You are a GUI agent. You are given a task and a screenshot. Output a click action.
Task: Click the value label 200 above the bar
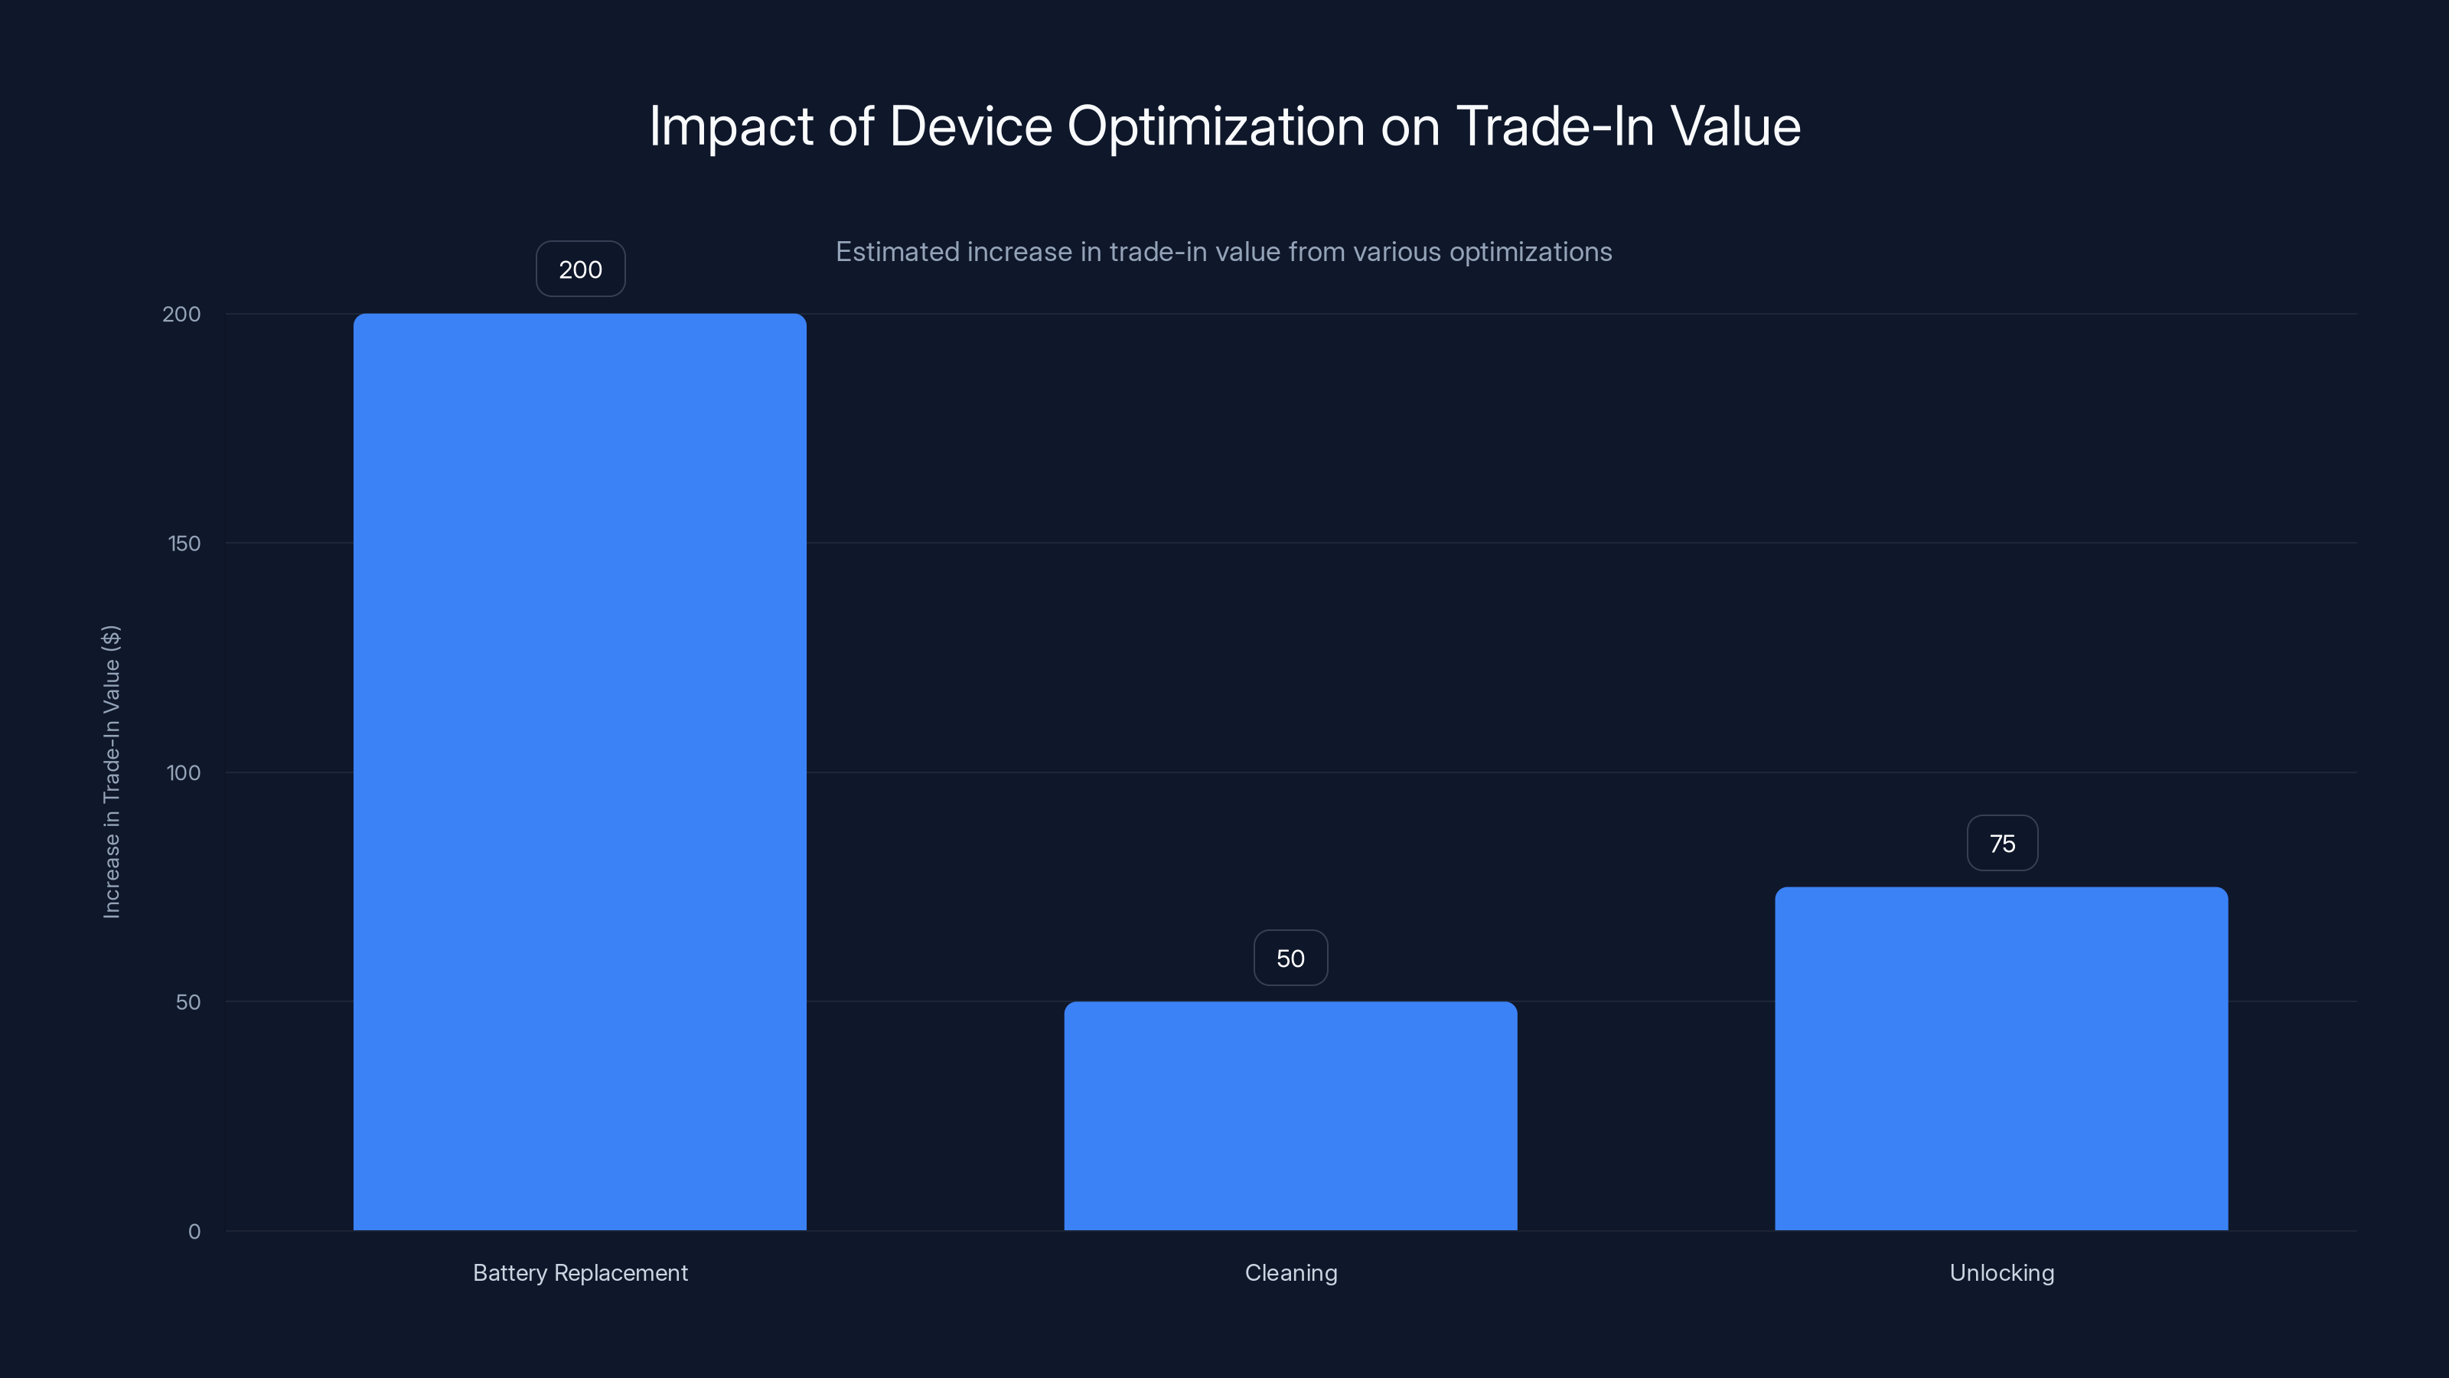pos(580,269)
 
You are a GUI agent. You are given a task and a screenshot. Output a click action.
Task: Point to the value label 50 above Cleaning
pos(1290,958)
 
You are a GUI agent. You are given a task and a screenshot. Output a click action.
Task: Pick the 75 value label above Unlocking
pos(2002,844)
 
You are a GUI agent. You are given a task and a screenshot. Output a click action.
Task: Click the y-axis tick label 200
pos(181,314)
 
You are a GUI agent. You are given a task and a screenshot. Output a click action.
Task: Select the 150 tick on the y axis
pos(184,543)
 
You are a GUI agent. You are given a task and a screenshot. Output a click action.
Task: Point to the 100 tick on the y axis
pos(184,772)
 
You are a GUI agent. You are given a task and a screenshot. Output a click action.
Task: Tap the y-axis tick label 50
pos(188,1001)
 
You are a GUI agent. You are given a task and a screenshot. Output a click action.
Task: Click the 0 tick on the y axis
pos(194,1232)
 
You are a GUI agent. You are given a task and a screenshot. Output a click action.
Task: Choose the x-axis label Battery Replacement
pos(580,1272)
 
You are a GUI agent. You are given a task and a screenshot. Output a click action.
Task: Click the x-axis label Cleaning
pos(1290,1272)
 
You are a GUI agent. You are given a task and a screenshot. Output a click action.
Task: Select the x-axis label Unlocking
pos(2001,1272)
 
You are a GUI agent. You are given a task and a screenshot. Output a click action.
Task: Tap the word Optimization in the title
pos(1216,126)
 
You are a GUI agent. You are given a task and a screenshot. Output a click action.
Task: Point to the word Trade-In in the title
pos(1554,126)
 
